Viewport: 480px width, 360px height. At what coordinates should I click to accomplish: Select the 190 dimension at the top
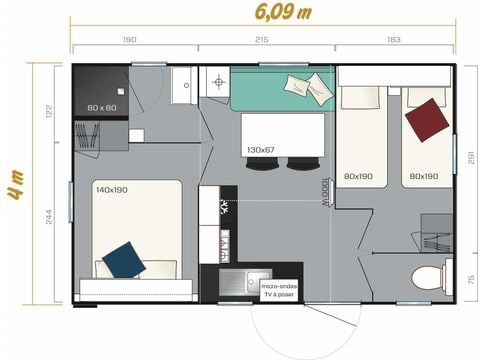130,40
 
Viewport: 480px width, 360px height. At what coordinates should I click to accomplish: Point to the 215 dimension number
261,40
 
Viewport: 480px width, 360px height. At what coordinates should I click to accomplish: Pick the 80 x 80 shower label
101,107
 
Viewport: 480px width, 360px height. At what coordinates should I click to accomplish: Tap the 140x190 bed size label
112,188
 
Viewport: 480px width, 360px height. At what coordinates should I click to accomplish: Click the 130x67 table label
261,149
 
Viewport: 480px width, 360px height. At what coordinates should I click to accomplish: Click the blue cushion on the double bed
124,259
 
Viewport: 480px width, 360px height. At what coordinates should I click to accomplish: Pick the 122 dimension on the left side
48,111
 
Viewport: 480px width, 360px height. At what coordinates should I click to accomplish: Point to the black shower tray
102,92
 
